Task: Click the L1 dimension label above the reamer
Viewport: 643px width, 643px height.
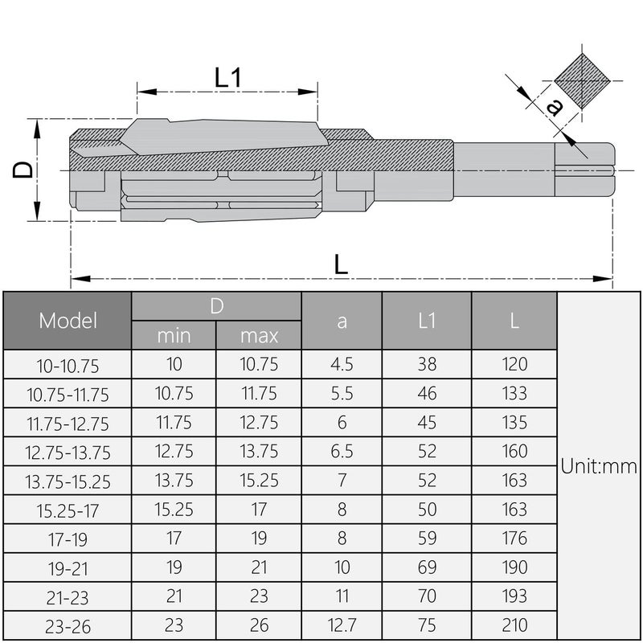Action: (x=229, y=78)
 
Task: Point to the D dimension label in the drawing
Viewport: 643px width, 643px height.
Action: (x=24, y=169)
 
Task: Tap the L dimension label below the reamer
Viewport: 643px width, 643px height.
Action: (x=341, y=264)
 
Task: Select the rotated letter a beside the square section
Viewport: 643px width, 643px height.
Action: (x=553, y=107)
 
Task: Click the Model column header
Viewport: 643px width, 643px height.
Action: (x=68, y=321)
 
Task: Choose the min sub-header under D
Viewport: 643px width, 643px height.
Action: (x=174, y=335)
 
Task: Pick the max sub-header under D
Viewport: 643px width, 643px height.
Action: (x=259, y=335)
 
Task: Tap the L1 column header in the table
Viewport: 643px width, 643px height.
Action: (x=427, y=321)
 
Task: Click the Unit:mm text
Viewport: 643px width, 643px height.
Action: (x=599, y=466)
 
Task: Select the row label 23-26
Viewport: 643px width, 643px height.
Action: (x=68, y=626)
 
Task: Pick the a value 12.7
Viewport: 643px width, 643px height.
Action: (x=342, y=625)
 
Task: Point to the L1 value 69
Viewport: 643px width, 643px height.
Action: (x=427, y=567)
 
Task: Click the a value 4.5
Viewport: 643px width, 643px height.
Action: (x=342, y=364)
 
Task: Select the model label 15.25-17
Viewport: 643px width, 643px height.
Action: (x=68, y=510)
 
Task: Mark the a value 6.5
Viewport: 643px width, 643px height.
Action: (x=342, y=451)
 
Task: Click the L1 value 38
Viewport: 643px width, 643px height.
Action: (x=427, y=364)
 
